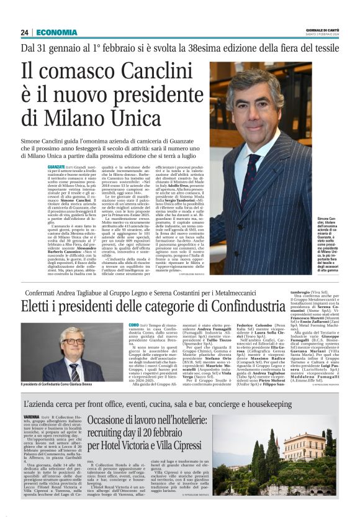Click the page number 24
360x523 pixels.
tap(24, 32)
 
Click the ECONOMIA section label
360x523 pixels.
tap(56, 32)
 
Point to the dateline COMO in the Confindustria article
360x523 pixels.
tap(133, 325)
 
